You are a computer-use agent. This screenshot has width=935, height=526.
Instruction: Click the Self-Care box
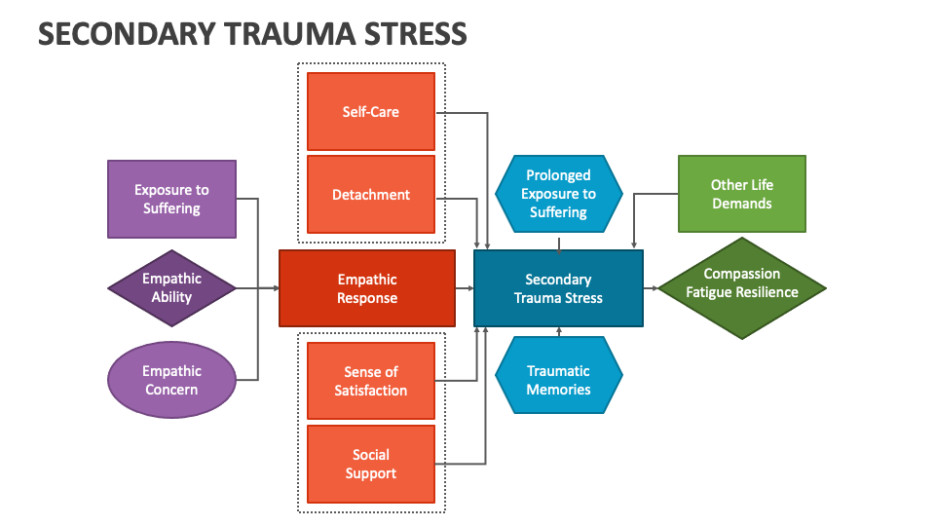[371, 111]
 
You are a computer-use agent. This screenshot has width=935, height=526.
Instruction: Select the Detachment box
[371, 194]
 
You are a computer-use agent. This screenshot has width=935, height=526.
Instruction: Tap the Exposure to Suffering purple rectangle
[171, 199]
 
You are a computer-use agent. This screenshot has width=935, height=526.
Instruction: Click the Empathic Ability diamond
[171, 287]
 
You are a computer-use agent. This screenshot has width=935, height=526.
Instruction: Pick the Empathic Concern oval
[171, 380]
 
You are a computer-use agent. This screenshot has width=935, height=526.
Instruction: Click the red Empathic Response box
[367, 288]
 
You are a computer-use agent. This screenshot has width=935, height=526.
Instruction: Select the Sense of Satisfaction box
[371, 381]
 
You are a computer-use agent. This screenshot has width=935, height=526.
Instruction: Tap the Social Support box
[371, 464]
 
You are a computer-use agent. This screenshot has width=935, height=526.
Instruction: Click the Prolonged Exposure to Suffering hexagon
[558, 194]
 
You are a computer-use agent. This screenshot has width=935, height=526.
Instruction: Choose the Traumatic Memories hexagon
[558, 380]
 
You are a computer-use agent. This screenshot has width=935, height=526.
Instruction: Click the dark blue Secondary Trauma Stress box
[558, 288]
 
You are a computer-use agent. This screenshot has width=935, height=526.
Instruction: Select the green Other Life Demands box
[741, 194]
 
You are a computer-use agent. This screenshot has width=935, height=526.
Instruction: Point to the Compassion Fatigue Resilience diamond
[741, 288]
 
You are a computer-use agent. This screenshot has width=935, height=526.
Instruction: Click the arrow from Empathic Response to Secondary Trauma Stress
[464, 288]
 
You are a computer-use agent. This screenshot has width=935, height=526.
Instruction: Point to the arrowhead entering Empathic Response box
[275, 288]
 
